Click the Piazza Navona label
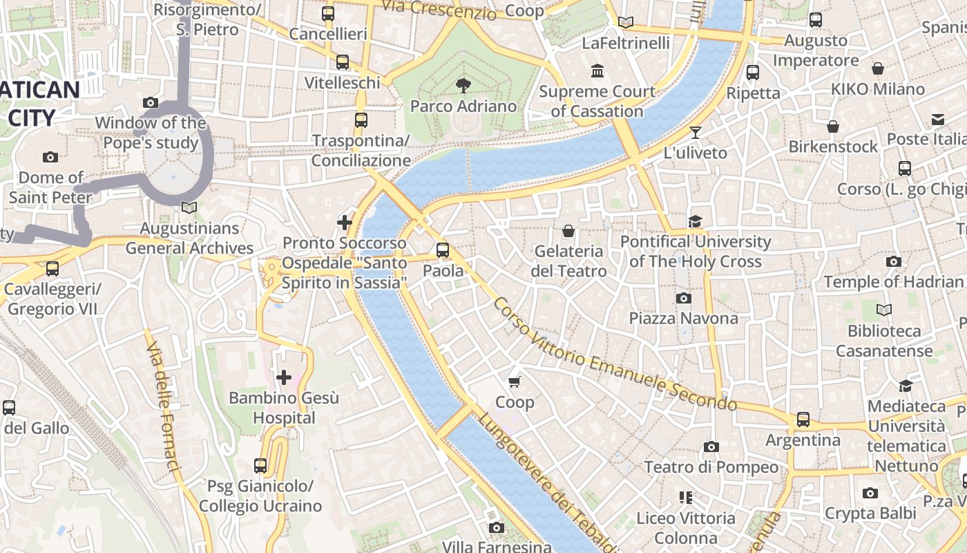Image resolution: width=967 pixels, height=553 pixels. pos(683,318)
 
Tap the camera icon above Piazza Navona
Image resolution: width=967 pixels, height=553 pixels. pos(684,298)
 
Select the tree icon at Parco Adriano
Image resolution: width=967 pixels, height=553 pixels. pos(463,86)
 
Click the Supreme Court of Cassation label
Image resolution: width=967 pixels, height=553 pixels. pos(597,101)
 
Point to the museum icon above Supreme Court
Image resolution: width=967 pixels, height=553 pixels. pos(597,71)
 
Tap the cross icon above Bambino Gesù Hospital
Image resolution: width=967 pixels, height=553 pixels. pos(284,377)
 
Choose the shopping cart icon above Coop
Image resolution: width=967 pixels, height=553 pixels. pos(515,382)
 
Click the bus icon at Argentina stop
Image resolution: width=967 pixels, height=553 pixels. pos(803,419)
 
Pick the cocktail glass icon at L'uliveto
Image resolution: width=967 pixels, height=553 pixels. pos(696,132)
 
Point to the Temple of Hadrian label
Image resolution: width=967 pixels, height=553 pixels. pos(893,281)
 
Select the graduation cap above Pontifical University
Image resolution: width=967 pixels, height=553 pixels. pos(695,221)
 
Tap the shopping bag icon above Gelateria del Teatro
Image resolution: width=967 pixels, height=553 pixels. pos(568,230)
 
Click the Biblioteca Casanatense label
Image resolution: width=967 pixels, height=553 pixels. pos(883,341)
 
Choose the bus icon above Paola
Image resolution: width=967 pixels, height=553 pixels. pos(443,250)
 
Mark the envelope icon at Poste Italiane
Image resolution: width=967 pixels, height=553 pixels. pos(937,120)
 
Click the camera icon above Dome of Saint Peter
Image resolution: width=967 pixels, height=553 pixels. pos(50,158)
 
